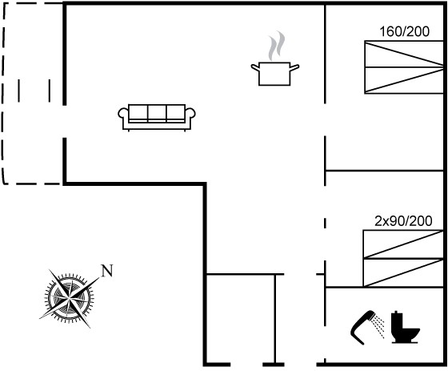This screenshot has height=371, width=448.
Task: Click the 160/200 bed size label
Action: pyautogui.click(x=404, y=31)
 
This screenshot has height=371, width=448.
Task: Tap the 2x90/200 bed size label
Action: pyautogui.click(x=403, y=221)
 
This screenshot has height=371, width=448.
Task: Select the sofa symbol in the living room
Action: pyautogui.click(x=157, y=118)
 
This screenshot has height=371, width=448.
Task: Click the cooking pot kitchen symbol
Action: pyautogui.click(x=275, y=74)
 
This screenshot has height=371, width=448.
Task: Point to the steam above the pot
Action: pyautogui.click(x=276, y=46)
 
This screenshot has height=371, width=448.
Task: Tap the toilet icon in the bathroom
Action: pyautogui.click(x=405, y=327)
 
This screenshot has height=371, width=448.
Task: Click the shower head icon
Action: pyautogui.click(x=366, y=327)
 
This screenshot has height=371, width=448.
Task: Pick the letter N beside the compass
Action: pyautogui.click(x=107, y=271)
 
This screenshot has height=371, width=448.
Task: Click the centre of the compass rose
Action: pyautogui.click(x=69, y=299)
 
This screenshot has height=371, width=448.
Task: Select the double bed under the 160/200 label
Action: pyautogui.click(x=404, y=67)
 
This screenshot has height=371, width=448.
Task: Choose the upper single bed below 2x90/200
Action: pyautogui.click(x=403, y=244)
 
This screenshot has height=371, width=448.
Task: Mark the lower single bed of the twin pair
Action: pyautogui.click(x=403, y=272)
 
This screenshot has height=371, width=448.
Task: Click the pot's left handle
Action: pyautogui.click(x=255, y=67)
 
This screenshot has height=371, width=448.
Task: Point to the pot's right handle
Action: pyautogui.click(x=294, y=67)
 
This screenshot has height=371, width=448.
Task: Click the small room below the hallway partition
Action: pyautogui.click(x=240, y=319)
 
